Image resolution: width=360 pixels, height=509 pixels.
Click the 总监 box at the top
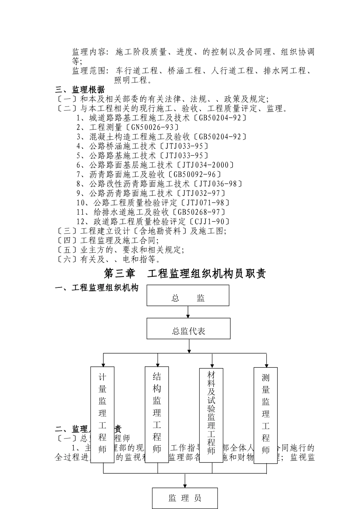point(188,295)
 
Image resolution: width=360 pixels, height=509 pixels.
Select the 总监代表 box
point(188,329)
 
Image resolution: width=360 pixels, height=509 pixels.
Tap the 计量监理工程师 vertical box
point(102,415)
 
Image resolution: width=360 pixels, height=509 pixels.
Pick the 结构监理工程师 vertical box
point(157,415)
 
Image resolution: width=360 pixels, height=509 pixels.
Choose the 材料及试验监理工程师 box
point(211,415)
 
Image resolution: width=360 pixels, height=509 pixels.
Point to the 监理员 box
point(185,498)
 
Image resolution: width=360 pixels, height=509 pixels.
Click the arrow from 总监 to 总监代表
point(188,312)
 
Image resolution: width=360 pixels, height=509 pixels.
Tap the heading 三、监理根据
point(80,90)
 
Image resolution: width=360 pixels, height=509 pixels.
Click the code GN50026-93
point(153,127)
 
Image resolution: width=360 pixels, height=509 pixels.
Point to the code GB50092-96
point(195,175)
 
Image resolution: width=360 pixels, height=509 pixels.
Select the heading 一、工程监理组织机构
point(97,288)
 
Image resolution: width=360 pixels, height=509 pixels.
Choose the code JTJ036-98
point(218,184)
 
